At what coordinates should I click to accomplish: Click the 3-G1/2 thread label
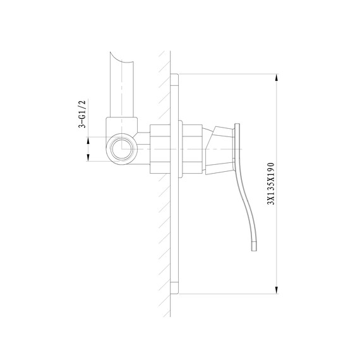click(82, 114)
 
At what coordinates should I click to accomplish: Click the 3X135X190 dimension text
click(271, 183)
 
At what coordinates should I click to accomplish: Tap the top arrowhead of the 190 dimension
click(277, 78)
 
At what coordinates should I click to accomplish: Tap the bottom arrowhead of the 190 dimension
click(277, 290)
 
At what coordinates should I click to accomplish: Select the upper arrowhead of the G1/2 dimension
click(88, 141)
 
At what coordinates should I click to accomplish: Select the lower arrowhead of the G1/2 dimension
click(88, 157)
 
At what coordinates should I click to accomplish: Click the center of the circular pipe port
click(122, 149)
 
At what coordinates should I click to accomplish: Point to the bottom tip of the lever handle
click(254, 251)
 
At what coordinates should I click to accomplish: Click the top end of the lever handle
click(237, 124)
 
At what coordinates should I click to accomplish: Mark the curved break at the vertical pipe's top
click(121, 58)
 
